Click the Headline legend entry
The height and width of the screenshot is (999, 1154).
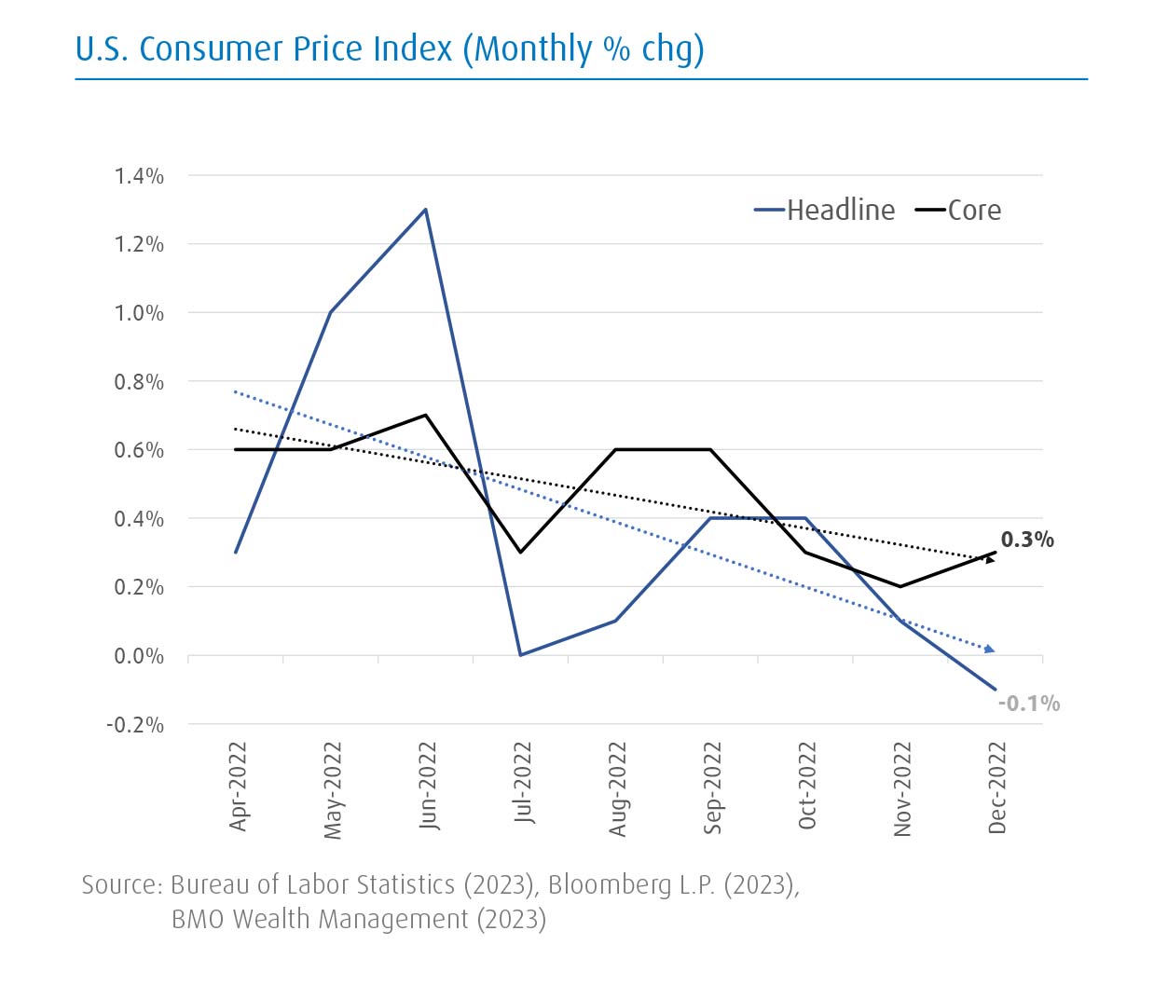[x=825, y=211]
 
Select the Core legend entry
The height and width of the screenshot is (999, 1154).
[x=959, y=211]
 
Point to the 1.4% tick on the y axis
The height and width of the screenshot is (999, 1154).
[x=139, y=176]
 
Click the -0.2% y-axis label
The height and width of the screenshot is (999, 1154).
[x=135, y=725]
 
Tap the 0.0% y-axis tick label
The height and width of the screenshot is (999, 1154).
[x=139, y=656]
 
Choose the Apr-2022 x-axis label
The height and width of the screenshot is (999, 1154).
[x=239, y=786]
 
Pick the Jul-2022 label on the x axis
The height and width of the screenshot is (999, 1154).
[x=524, y=783]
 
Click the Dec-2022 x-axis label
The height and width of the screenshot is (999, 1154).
[x=997, y=787]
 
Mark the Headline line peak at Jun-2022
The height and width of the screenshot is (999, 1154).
[x=426, y=210]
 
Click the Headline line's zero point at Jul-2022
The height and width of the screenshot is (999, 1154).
[x=521, y=655]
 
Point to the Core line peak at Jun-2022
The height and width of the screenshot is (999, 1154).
[x=426, y=415]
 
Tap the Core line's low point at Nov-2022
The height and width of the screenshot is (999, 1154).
[x=900, y=586]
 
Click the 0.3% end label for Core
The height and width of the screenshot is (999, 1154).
[x=1027, y=540]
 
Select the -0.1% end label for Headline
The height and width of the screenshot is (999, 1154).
[x=1028, y=704]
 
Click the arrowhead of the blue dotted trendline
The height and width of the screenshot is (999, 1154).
[x=990, y=649]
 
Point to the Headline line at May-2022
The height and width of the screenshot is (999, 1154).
[x=331, y=312]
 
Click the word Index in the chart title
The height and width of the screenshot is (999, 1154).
[x=412, y=48]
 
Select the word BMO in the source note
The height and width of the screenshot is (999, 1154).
[x=198, y=919]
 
